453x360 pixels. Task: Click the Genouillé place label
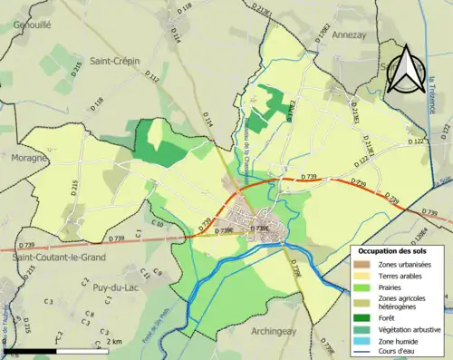click(26, 26)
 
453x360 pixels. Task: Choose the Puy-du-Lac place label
click(114, 287)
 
